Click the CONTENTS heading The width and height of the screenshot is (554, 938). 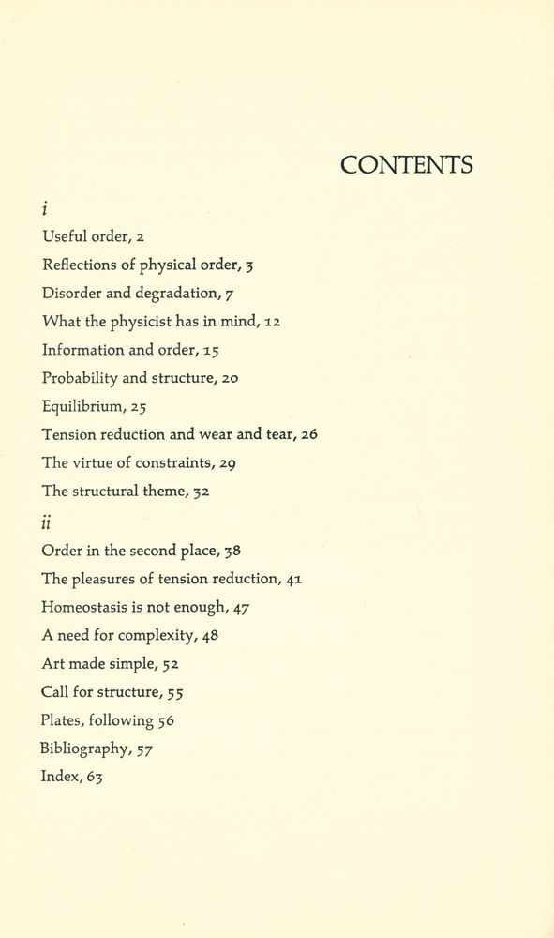(x=406, y=166)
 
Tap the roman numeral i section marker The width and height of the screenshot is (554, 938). (x=45, y=208)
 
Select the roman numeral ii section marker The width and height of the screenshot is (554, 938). (x=47, y=521)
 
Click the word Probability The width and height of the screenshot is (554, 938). (x=80, y=378)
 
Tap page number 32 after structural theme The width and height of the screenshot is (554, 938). (x=201, y=492)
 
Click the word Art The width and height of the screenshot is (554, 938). (x=52, y=664)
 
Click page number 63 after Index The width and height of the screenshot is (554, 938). (x=94, y=777)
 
